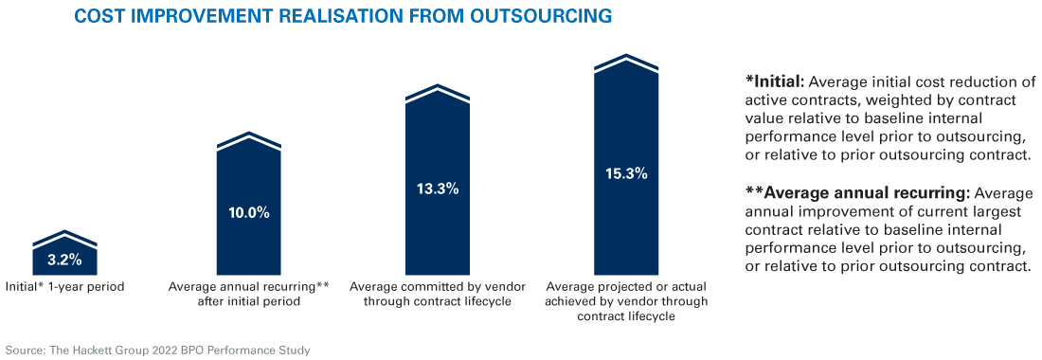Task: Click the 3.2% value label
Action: pos(65,260)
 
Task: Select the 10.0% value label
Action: pos(249,212)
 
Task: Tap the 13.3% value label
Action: pos(438,189)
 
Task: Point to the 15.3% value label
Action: pos(626,173)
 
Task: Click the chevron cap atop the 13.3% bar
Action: pos(438,92)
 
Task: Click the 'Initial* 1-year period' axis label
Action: pos(65,285)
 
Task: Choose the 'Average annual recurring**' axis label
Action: pos(249,285)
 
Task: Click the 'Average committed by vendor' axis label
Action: pos(438,285)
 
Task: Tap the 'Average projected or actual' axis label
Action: pos(626,285)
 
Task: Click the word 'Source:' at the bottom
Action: pos(25,350)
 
